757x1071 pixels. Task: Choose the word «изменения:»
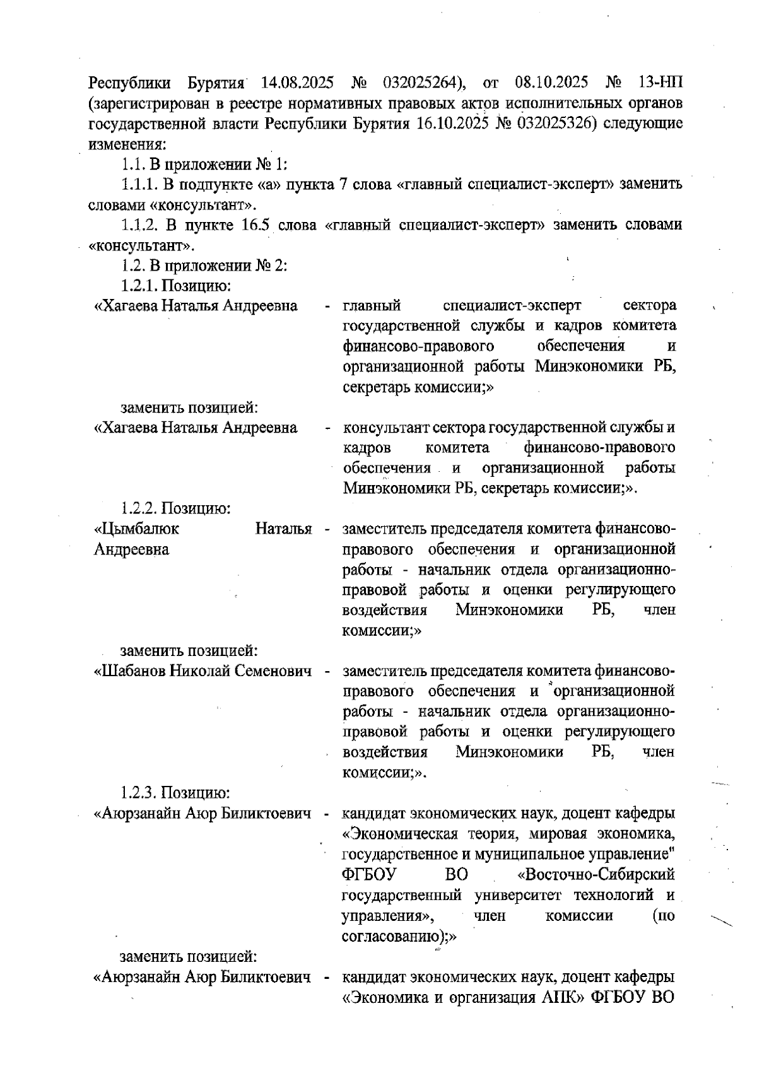click(127, 143)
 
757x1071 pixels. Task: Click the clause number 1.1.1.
click(139, 184)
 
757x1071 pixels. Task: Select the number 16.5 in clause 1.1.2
click(256, 225)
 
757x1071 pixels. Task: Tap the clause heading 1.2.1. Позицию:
click(175, 285)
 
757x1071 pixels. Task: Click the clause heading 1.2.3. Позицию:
click(175, 792)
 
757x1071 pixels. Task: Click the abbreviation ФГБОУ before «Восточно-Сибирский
click(368, 875)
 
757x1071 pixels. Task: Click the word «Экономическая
click(399, 834)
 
